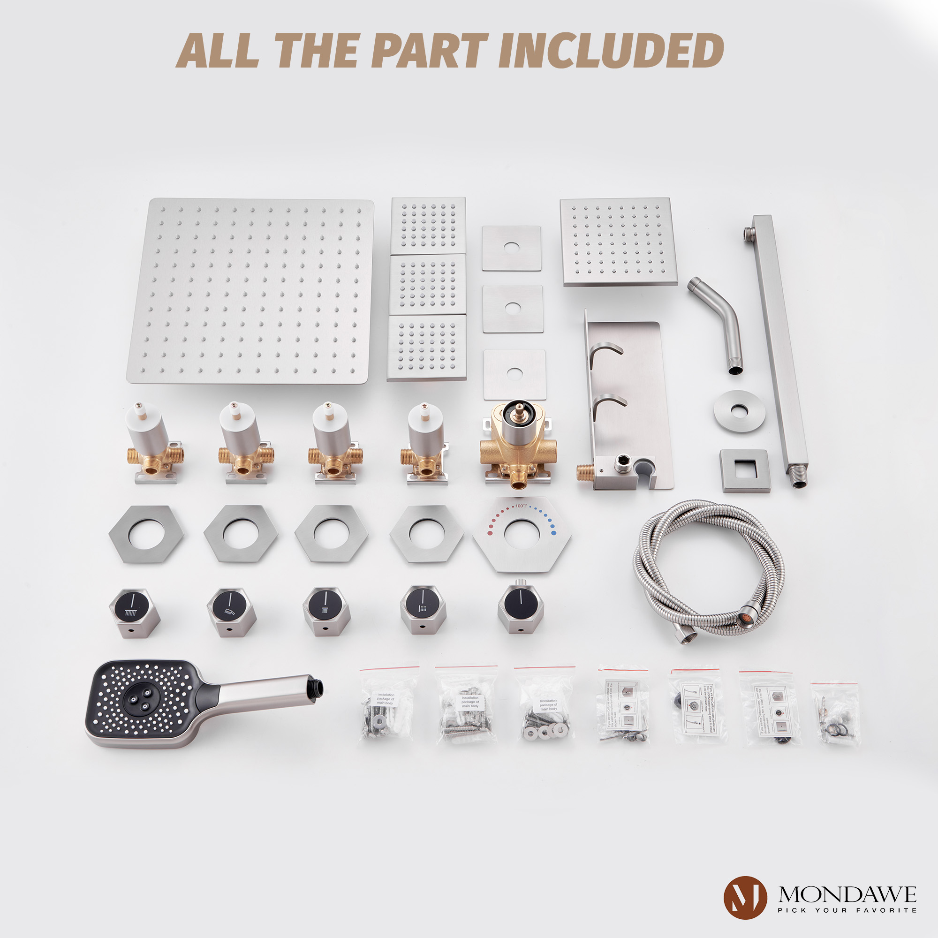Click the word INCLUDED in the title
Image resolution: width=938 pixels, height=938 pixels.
pos(611,51)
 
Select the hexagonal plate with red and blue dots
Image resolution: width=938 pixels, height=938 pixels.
pos(522,534)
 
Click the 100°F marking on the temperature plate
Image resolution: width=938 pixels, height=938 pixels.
pos(521,506)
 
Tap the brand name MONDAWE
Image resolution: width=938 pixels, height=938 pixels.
pos(847,894)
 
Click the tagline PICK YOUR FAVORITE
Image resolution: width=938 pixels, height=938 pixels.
pos(847,910)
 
